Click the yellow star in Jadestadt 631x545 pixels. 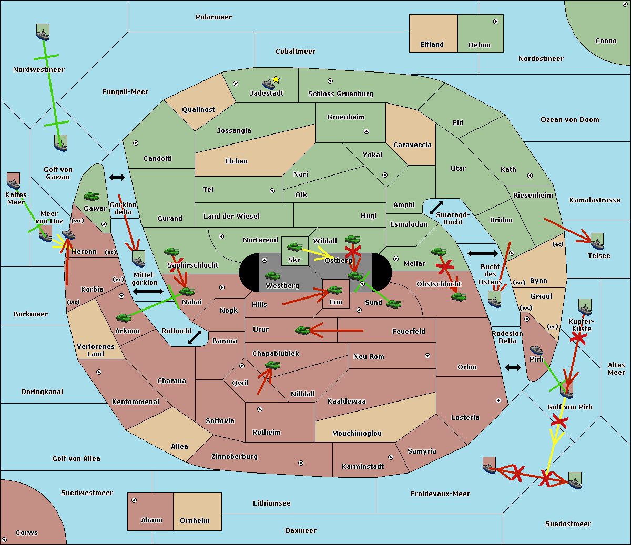click(x=276, y=79)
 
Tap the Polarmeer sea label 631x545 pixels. click(x=213, y=17)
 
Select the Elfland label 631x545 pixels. click(x=432, y=45)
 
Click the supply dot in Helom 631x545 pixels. click(x=495, y=22)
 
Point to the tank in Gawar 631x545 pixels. click(x=91, y=196)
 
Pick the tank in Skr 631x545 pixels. click(x=294, y=246)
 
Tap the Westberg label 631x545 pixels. click(x=282, y=286)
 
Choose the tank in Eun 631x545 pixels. click(x=335, y=290)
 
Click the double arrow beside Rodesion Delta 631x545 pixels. click(x=513, y=367)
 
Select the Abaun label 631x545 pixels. click(x=151, y=520)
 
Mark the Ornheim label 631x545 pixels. click(x=195, y=521)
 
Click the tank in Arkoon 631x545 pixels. click(x=124, y=317)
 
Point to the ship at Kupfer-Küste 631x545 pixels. click(x=585, y=307)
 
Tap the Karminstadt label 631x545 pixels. click(x=363, y=467)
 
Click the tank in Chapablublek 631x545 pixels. click(x=272, y=365)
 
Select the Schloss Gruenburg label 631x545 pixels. click(x=340, y=94)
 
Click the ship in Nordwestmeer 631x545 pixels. click(x=43, y=32)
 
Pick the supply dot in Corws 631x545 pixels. click(x=5, y=540)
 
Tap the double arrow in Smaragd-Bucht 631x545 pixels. click(x=436, y=208)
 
